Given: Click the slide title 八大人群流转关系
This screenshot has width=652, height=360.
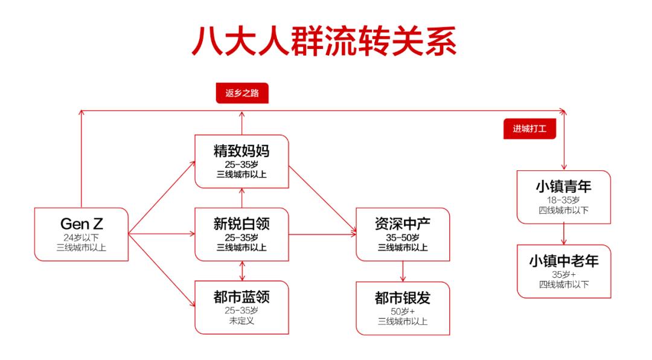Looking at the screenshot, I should (x=324, y=42).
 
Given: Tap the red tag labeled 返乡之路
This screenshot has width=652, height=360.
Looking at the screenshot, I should (x=241, y=94).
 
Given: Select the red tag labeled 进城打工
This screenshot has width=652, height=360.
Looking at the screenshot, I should (x=529, y=129).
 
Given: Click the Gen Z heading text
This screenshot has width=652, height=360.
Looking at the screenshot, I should (x=81, y=223).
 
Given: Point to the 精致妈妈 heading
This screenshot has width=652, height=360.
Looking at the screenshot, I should (x=241, y=151).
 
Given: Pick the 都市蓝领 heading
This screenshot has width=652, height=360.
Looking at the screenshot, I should (x=241, y=297).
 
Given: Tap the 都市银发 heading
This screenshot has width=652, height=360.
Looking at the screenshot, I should (x=403, y=298).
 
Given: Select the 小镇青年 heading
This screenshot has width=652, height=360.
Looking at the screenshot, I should (x=564, y=186).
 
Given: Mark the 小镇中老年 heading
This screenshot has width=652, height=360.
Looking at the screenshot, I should (x=564, y=261).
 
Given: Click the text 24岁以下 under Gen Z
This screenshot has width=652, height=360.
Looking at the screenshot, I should (x=81, y=237).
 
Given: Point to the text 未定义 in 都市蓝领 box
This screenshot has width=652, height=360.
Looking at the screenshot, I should (x=241, y=321).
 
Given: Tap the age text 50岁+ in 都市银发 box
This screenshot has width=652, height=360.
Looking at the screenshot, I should (x=403, y=311).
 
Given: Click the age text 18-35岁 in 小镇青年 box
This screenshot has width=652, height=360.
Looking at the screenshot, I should (x=564, y=199).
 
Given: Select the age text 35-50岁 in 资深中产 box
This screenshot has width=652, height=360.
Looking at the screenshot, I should (x=403, y=237).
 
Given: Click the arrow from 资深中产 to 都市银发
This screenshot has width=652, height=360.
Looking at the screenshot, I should (x=403, y=271).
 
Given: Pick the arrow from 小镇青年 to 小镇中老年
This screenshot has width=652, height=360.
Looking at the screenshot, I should (x=564, y=234).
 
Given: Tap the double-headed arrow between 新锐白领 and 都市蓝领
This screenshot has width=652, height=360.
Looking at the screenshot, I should (x=242, y=271).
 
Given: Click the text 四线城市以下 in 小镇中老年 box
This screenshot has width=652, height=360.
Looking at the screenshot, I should (x=564, y=284).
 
